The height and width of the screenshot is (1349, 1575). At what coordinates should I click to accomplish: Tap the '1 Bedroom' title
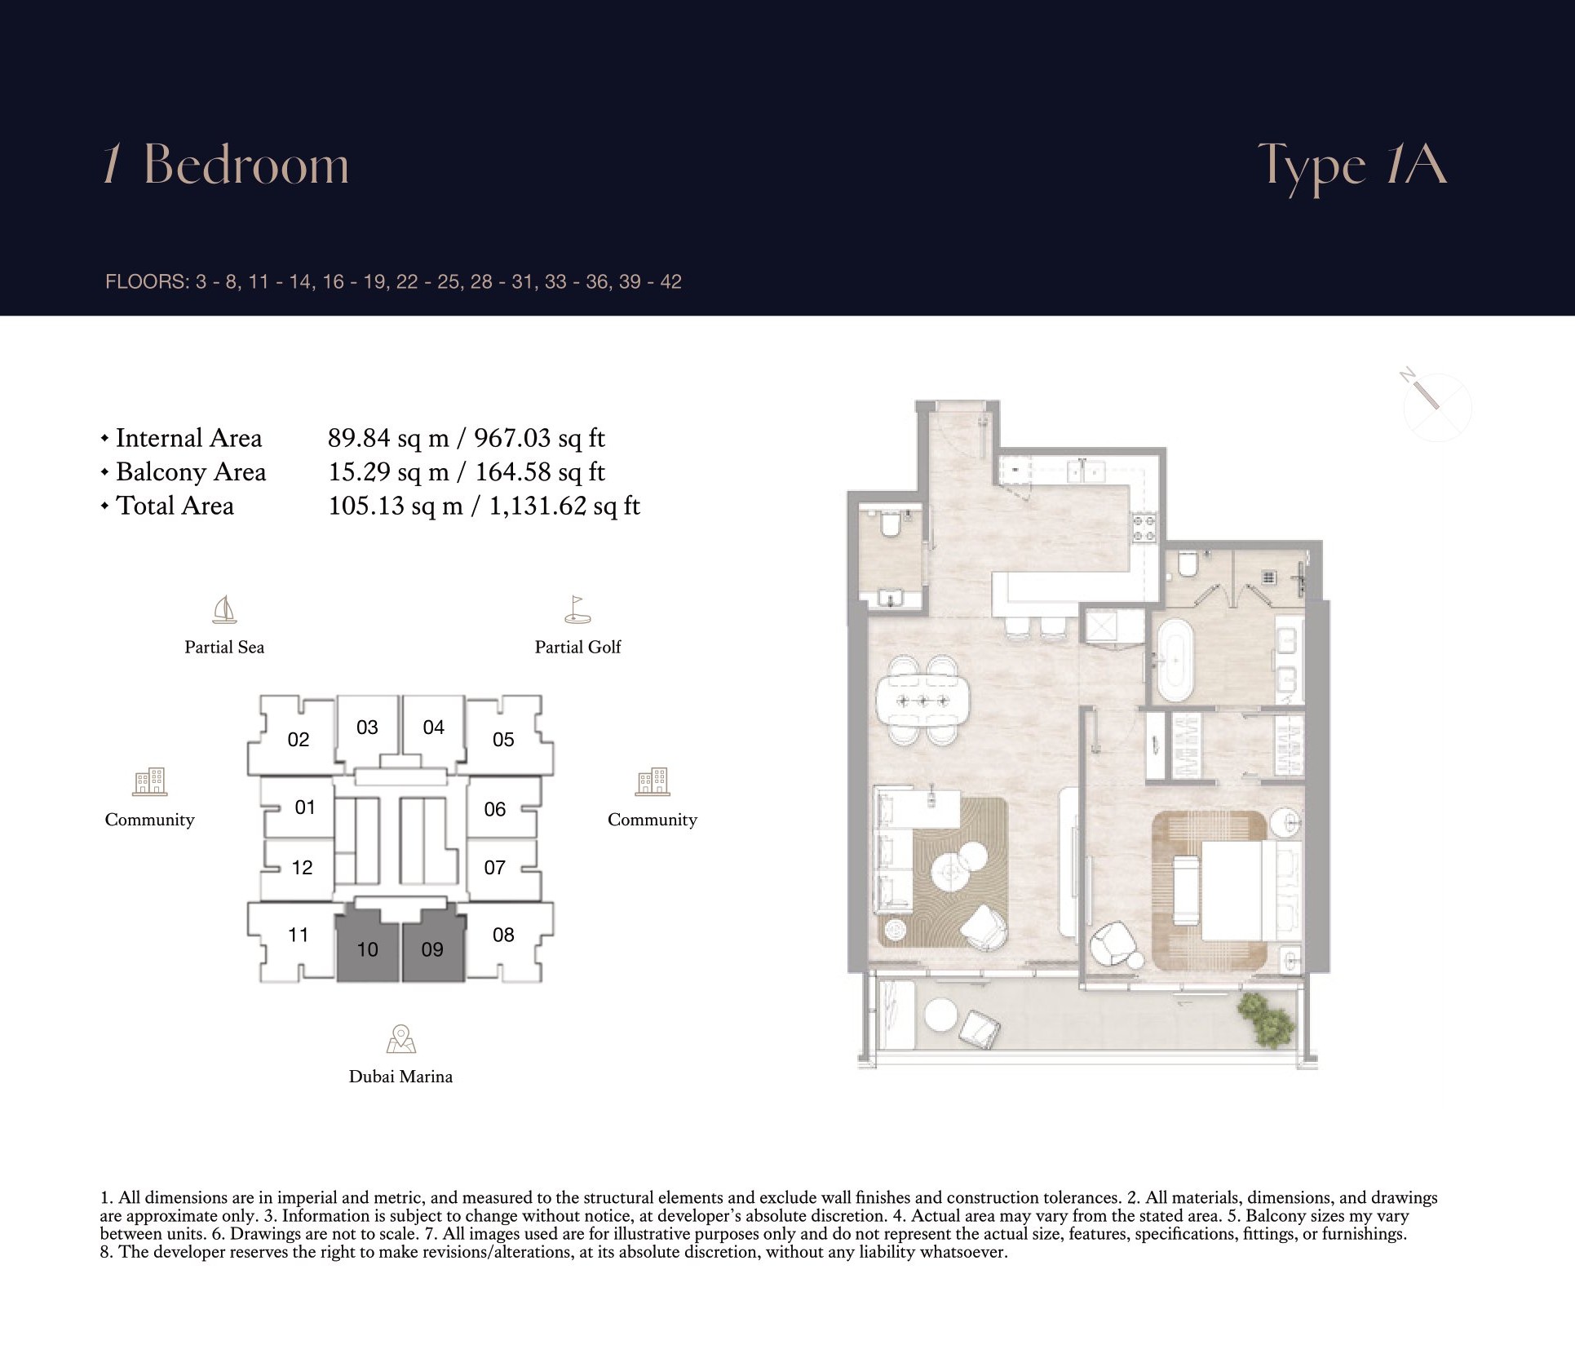(226, 165)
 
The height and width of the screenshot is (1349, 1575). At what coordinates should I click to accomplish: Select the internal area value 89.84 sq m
(388, 438)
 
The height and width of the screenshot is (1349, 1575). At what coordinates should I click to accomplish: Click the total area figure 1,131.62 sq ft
(564, 506)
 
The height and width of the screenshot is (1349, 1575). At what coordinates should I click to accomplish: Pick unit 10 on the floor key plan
(368, 949)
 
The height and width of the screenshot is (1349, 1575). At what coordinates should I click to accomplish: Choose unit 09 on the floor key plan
(433, 949)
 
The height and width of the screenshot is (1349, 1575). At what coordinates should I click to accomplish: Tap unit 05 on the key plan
(504, 738)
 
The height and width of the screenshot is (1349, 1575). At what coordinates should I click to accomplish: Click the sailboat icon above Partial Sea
(224, 609)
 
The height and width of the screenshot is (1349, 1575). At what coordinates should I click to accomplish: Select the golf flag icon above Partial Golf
(577, 609)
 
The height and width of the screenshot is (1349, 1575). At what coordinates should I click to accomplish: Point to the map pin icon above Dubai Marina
(400, 1039)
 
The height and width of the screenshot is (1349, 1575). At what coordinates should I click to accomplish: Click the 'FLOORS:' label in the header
(147, 282)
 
